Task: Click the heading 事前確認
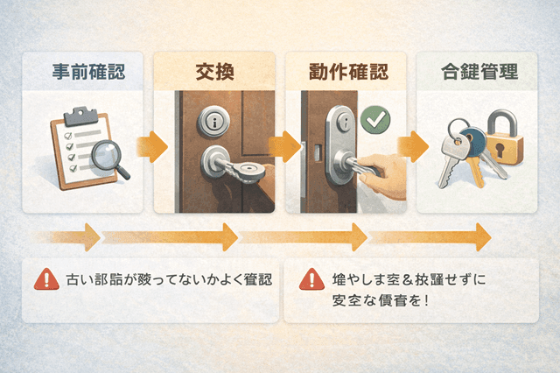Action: (83, 72)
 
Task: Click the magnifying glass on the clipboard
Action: (108, 158)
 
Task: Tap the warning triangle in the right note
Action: (310, 280)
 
